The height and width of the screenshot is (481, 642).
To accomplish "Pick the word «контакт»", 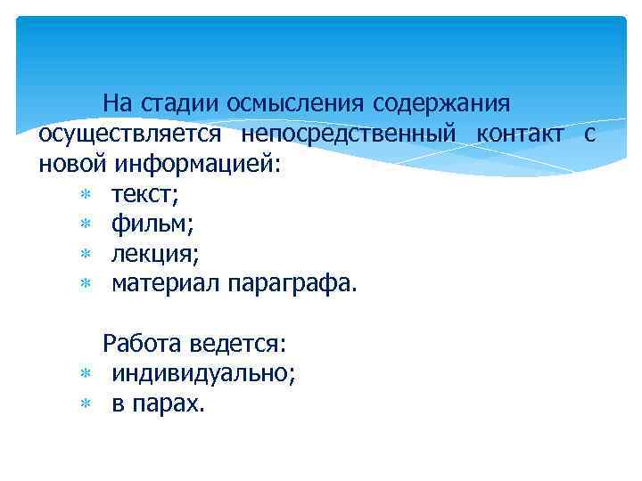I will [x=520, y=135].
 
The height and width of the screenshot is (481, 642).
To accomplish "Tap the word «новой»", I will [x=72, y=165].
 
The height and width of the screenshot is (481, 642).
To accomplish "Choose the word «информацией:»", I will [x=196, y=165].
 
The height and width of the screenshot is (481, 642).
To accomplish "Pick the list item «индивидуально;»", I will [x=204, y=373].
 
